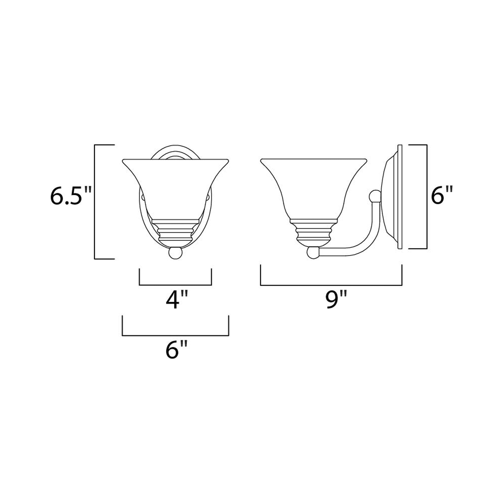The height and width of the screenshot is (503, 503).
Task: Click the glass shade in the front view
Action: click(175, 187)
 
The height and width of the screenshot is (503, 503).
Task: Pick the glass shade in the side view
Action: click(314, 187)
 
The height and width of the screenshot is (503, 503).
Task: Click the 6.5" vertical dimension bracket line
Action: click(95, 202)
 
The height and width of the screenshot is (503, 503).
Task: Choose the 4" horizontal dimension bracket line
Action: click(175, 285)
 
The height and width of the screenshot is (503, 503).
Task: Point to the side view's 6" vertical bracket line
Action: click(427, 197)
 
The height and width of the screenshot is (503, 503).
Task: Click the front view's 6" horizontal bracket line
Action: click(175, 336)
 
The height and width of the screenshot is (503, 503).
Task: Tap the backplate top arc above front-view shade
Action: click(175, 150)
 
